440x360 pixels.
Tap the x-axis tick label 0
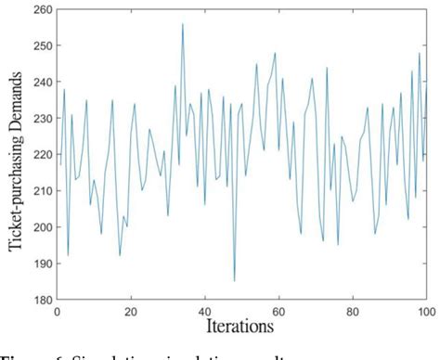(x=57, y=311)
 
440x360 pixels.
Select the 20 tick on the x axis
(x=131, y=311)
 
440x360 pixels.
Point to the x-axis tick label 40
(x=204, y=311)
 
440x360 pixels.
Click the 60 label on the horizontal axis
(x=278, y=311)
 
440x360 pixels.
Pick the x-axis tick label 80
(x=353, y=311)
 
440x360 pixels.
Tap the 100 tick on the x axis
(x=424, y=311)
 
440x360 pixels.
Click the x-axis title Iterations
(x=240, y=326)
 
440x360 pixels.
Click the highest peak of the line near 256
(x=183, y=24)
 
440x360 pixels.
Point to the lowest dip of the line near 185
(x=234, y=280)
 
